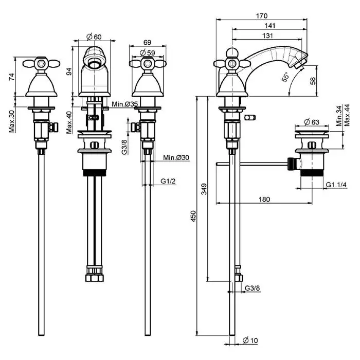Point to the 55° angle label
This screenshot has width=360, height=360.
click(285, 78)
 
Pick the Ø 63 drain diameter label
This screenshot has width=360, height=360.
click(312, 121)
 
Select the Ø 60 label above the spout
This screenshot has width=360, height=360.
click(94, 37)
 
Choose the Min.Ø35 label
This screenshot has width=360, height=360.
click(124, 104)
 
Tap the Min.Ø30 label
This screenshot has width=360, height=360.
click(175, 157)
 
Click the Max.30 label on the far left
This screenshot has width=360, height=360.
click(11, 120)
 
